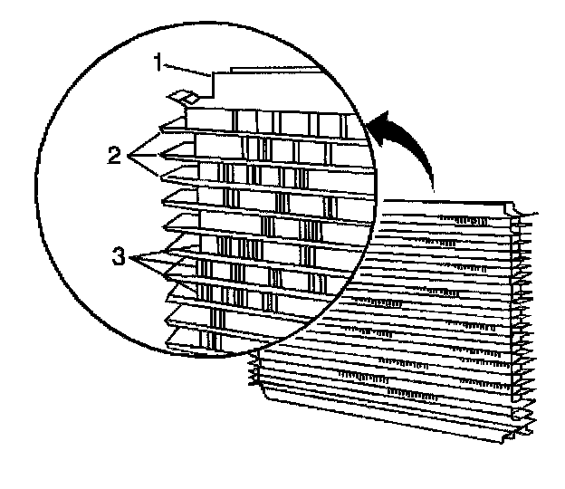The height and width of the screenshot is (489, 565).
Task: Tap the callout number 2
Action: (114, 155)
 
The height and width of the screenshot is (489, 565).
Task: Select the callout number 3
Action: (117, 257)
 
